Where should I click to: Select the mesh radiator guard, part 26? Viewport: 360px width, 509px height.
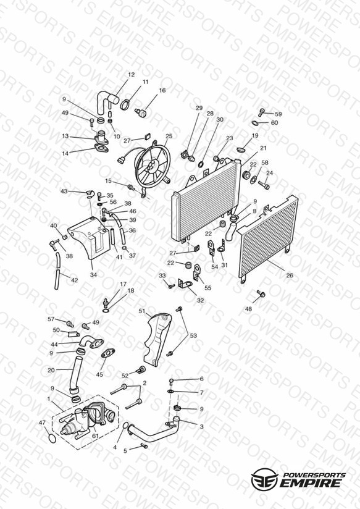coord(267,238)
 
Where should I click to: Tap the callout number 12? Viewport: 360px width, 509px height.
coord(131,75)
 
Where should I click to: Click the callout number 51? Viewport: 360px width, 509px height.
coord(142,311)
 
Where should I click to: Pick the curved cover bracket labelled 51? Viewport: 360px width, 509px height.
coord(157,339)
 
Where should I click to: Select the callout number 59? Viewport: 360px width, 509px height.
coord(278,114)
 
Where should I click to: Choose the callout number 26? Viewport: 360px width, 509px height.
coord(290,276)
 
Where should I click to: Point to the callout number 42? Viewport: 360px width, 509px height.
coord(74,280)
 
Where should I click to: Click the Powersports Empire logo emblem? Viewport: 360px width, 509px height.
coord(264,479)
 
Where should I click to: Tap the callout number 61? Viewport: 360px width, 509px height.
coord(95,436)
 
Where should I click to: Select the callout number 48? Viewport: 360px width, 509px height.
coord(248,309)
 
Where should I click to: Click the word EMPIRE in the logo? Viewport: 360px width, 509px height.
coord(312,482)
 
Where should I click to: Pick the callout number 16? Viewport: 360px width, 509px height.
coord(162,90)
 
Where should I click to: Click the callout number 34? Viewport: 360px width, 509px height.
coord(93,275)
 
